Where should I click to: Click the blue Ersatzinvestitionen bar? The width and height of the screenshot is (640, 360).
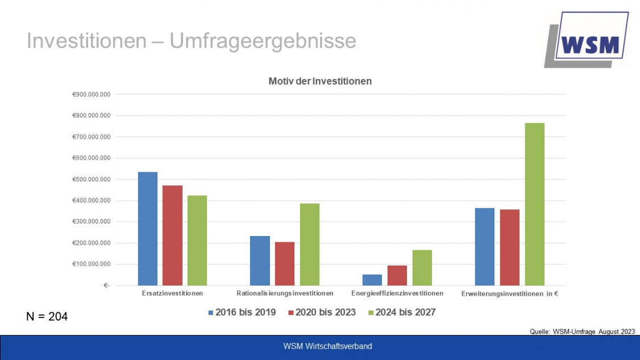pyautogui.click(x=147, y=229)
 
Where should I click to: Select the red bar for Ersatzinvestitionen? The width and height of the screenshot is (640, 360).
pyautogui.click(x=172, y=235)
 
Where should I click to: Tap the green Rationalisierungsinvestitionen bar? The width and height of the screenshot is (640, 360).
pyautogui.click(x=310, y=245)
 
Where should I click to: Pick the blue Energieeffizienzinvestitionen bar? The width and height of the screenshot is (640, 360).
pyautogui.click(x=372, y=280)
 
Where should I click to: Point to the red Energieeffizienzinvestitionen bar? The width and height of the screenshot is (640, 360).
pyautogui.click(x=397, y=275)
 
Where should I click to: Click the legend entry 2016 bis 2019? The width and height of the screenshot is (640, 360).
pyautogui.click(x=242, y=312)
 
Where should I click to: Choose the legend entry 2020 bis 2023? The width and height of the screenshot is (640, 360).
pyautogui.click(x=322, y=312)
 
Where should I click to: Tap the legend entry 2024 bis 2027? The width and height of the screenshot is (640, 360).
pyautogui.click(x=402, y=312)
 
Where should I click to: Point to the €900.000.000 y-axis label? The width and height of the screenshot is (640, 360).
pyautogui.click(x=92, y=94)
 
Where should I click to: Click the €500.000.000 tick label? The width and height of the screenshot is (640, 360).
pyautogui.click(x=92, y=180)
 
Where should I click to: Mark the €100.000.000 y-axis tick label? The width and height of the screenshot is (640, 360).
pyautogui.click(x=92, y=264)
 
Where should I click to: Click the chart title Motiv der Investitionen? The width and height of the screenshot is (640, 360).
pyautogui.click(x=320, y=81)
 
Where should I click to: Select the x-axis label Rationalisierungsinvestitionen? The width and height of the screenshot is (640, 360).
pyautogui.click(x=285, y=293)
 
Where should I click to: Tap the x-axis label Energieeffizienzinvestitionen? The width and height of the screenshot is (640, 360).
pyautogui.click(x=397, y=293)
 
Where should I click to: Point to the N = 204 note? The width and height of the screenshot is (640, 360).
pyautogui.click(x=47, y=317)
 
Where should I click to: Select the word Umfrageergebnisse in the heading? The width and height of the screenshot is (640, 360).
pyautogui.click(x=263, y=41)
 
